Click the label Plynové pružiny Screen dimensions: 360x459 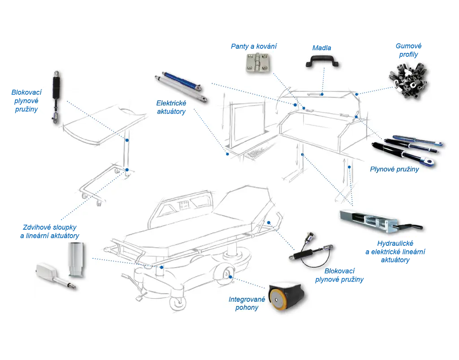[394, 169]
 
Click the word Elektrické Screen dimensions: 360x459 [172, 103]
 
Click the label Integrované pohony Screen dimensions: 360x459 [247, 303]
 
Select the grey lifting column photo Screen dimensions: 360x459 [74, 259]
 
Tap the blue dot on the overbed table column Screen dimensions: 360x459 [127, 140]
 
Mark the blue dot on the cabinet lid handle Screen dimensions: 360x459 [322, 94]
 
